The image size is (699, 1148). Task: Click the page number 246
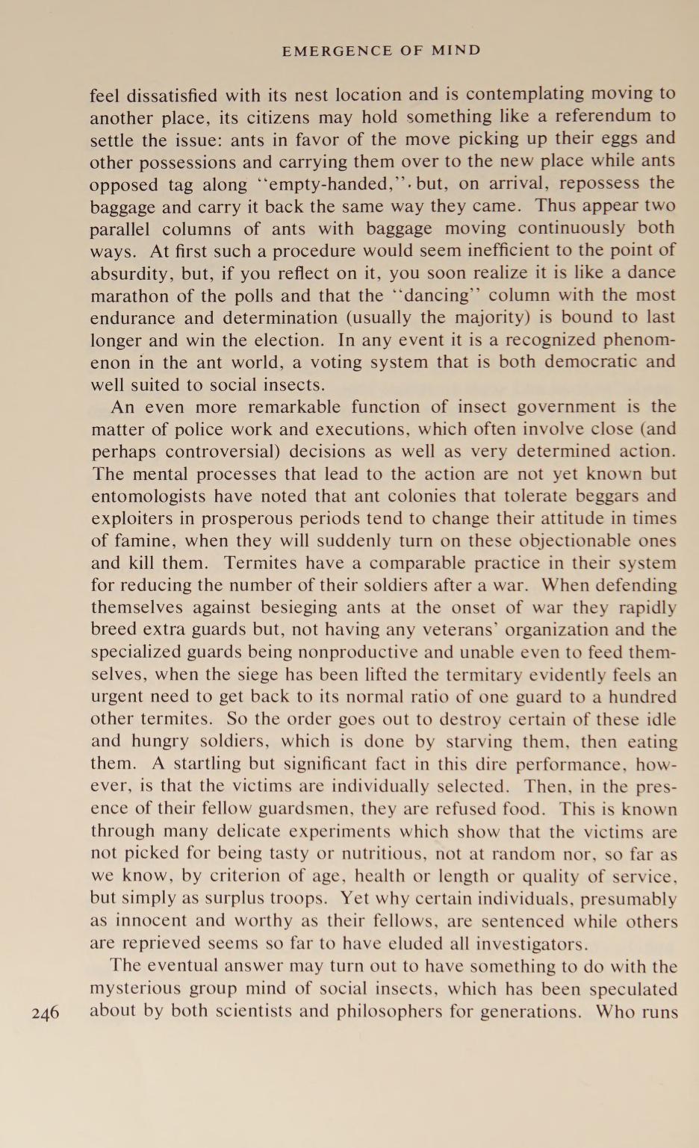(x=46, y=1014)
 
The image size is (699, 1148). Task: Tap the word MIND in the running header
(x=456, y=51)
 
